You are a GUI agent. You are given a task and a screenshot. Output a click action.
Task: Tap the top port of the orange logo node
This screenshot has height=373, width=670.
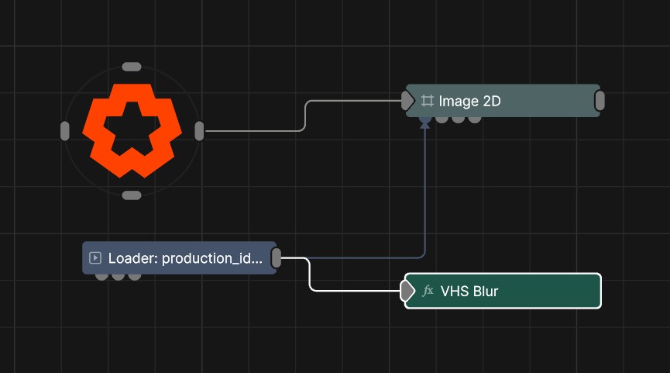pos(132,67)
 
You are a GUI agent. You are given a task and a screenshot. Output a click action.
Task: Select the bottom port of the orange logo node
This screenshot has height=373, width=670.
pos(132,195)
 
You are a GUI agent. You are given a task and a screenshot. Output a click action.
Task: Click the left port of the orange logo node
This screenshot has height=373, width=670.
pos(65,131)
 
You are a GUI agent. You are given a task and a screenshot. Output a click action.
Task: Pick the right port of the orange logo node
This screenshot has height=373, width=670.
pos(199,131)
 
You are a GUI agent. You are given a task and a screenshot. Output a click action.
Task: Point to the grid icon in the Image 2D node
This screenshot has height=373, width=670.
pos(428,101)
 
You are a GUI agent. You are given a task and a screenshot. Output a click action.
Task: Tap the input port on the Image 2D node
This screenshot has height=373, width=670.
pos(407,100)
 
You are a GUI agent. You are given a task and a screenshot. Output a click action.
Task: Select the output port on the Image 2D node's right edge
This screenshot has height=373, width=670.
pos(600,101)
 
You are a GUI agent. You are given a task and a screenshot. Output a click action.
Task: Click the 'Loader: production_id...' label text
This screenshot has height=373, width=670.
pos(185,258)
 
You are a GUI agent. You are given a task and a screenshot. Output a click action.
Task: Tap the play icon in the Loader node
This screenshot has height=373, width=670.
pos(96,258)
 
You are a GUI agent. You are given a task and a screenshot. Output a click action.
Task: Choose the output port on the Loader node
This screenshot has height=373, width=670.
pos(277,258)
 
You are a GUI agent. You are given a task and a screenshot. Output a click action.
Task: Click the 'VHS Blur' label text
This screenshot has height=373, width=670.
pos(469,292)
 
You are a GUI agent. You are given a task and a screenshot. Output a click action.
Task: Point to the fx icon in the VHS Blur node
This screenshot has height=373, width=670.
pos(428,291)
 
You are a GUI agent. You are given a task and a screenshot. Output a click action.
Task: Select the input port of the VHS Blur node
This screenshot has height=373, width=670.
pos(407,291)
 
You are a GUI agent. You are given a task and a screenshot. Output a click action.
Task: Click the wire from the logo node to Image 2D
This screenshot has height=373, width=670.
pos(305,116)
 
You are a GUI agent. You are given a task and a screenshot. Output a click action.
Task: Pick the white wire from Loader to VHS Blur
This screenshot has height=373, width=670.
pos(311,275)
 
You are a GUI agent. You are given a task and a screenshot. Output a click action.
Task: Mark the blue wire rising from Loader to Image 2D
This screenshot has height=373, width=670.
pos(424,194)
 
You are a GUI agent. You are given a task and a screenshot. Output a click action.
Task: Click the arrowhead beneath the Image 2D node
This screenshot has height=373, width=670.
pos(424,123)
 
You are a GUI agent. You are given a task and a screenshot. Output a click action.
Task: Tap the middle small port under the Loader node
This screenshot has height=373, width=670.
pos(118,275)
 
